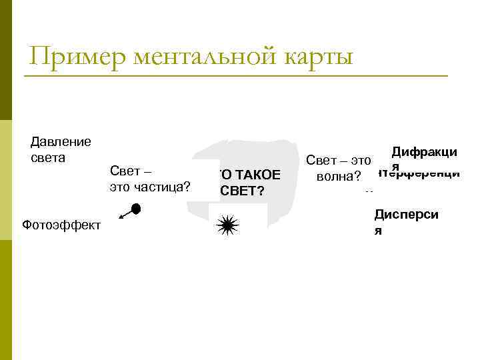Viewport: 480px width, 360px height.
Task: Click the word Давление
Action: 61,141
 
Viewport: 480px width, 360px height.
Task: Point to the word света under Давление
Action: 48,158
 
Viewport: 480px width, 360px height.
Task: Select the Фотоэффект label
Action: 61,225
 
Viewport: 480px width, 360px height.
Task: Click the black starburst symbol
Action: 227,227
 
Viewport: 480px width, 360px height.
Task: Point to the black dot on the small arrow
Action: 135,209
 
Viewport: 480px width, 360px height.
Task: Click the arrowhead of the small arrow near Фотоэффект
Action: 120,217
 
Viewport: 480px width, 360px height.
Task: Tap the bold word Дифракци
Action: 424,153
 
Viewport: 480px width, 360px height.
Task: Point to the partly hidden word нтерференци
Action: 419,173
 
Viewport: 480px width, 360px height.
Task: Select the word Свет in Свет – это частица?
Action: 125,171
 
